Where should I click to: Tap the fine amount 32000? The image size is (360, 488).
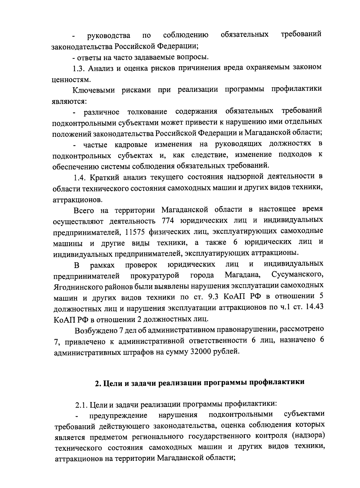click(x=200, y=351)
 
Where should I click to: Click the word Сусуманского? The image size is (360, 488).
click(x=297, y=275)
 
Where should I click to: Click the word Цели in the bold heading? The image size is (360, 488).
click(x=112, y=383)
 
